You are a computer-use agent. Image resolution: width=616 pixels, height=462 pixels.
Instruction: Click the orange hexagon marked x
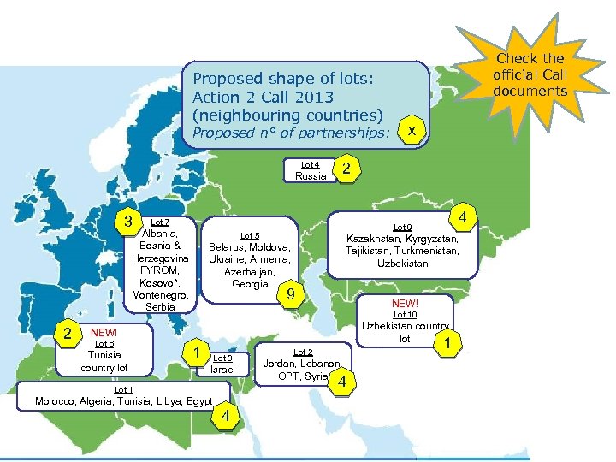412,131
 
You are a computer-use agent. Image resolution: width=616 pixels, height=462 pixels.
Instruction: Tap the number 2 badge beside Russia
345,169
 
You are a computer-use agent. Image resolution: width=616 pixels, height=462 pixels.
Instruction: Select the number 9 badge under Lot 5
292,295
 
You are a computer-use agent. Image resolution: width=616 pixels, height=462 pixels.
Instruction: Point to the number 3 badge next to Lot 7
128,222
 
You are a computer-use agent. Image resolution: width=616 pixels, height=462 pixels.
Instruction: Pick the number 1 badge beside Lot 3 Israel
197,352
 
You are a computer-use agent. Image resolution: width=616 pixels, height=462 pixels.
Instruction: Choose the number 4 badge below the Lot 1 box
224,417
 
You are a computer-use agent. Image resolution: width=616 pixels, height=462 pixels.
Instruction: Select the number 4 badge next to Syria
342,382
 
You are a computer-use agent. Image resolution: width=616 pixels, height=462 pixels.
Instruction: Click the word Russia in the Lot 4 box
311,176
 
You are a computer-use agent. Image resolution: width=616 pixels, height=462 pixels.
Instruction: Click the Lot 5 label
250,235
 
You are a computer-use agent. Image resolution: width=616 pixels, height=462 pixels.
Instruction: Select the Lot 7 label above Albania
159,222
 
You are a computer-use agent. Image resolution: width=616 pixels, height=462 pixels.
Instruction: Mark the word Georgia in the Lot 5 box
250,284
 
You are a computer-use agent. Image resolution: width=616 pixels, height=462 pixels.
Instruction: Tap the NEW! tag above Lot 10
406,304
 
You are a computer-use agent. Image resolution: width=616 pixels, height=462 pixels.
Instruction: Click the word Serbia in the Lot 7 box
160,307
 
